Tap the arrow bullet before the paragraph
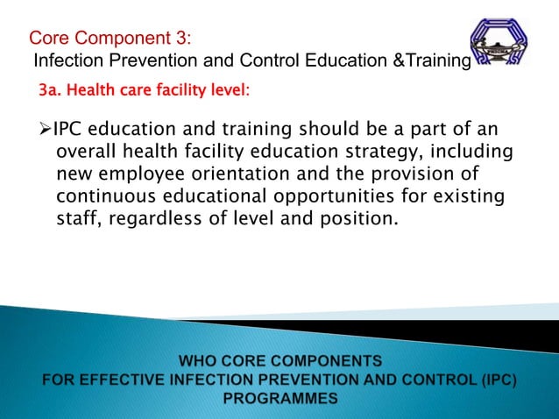46,131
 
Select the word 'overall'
88,153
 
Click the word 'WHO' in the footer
199,360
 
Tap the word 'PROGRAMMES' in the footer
279,398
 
